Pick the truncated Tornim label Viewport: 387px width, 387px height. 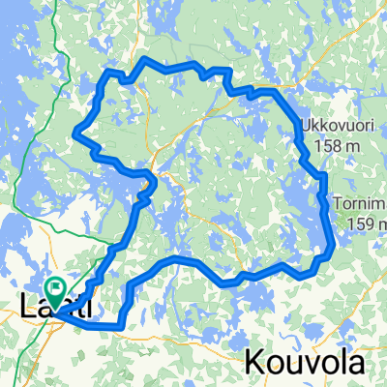coord(360,204)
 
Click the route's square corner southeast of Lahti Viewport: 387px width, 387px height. coord(123,326)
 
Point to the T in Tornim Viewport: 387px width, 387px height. coord(338,204)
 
